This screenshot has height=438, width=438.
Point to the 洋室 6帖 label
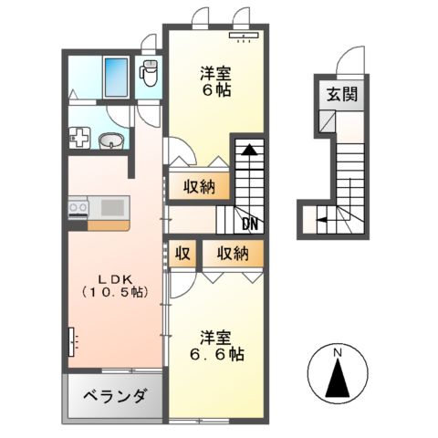coord(215,81)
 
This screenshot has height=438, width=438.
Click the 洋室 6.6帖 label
coord(215,345)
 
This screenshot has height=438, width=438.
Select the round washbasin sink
coord(111,141)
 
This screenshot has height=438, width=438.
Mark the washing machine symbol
coord(78,139)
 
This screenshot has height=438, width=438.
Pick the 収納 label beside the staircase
coord(196,187)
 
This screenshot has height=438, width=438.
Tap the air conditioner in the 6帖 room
coord(245,37)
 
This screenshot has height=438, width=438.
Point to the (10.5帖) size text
coord(114,292)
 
